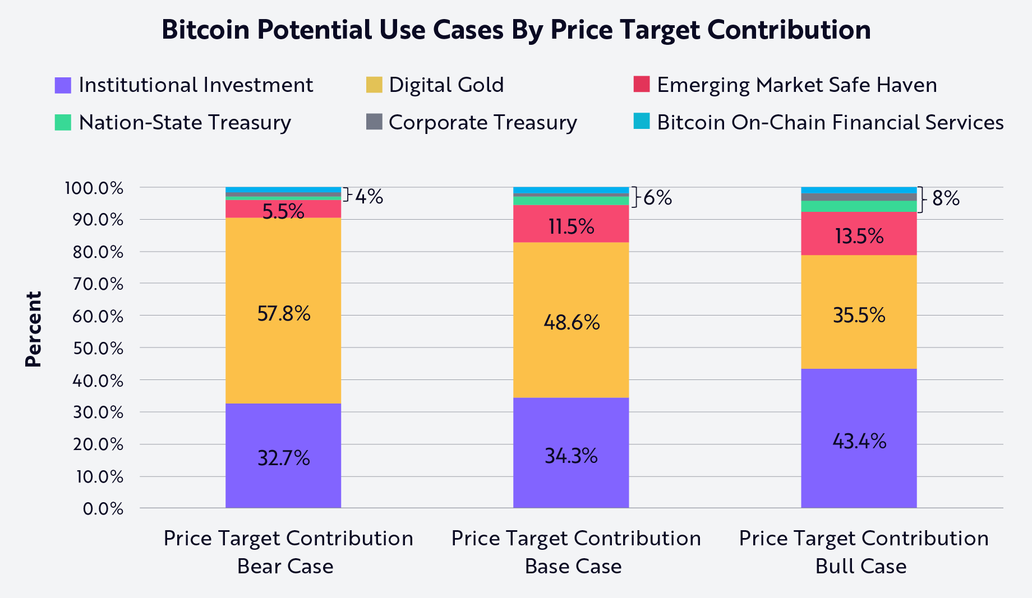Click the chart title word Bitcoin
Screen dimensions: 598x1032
tap(205, 30)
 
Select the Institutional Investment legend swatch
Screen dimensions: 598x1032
tap(63, 85)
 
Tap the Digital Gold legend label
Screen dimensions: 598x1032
tap(446, 85)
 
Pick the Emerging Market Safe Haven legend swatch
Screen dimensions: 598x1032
tap(642, 84)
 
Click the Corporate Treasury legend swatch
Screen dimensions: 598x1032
tap(374, 122)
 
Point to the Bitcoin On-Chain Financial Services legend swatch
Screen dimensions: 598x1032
tap(642, 121)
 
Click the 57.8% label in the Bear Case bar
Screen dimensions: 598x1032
tap(284, 313)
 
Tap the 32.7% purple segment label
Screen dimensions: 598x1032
tap(284, 458)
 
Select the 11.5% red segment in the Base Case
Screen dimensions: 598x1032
tap(571, 226)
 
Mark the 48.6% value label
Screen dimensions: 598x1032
tap(571, 322)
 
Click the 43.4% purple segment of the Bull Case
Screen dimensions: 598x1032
tap(859, 442)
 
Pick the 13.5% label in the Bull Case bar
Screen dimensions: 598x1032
tap(859, 236)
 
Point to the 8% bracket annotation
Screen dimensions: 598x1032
tap(945, 198)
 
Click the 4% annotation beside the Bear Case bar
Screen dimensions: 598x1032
tap(369, 197)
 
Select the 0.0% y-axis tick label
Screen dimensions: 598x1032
tap(103, 509)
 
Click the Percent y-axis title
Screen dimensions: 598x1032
tap(34, 330)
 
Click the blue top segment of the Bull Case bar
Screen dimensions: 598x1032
tap(859, 190)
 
